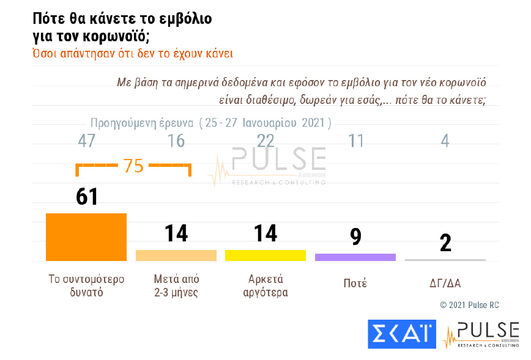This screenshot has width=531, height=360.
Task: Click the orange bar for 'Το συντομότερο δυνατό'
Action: point(86,237)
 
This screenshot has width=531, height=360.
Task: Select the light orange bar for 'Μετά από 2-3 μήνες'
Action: point(176,255)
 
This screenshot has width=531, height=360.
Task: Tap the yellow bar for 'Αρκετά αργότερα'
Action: point(265,255)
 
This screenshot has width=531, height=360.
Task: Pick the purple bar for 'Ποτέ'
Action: point(355,257)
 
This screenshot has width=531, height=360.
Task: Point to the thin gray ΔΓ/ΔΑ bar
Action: point(445,260)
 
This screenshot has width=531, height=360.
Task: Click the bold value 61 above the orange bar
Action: point(87,197)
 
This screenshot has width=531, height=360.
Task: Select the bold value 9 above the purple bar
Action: point(355,237)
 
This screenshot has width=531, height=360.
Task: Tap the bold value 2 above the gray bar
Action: point(445,243)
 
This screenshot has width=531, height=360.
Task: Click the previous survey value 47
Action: point(87,141)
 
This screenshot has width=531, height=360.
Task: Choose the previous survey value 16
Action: point(176,141)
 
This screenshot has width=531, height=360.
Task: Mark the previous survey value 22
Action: point(265,141)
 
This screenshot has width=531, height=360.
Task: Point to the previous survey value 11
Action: point(355,141)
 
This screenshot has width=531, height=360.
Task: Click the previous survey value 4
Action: point(445,141)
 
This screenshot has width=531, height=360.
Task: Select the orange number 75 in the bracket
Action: point(133,166)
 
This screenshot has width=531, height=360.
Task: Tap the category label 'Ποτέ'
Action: point(355,283)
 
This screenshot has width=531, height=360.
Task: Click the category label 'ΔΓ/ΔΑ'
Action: point(445,283)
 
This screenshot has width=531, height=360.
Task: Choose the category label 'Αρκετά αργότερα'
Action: point(265,286)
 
